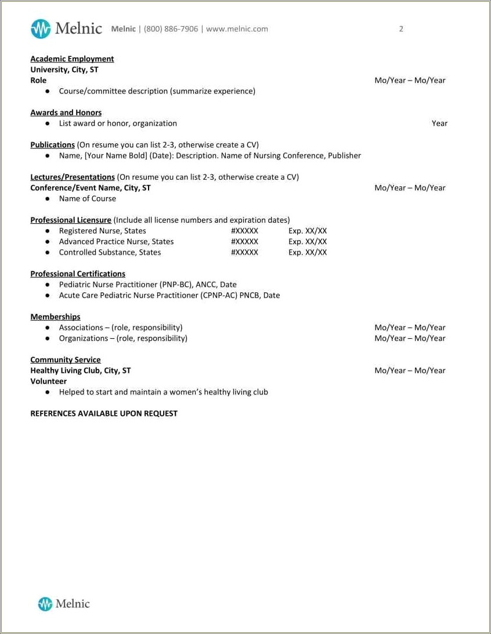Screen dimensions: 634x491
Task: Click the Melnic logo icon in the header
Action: [x=41, y=28]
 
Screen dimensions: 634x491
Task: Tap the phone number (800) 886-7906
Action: [x=171, y=29]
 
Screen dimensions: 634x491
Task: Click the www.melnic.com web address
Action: [x=237, y=29]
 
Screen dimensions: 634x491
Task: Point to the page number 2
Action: [x=401, y=29]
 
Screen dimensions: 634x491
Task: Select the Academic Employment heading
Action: [x=72, y=59]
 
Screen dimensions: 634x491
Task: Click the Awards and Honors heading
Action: [x=66, y=113]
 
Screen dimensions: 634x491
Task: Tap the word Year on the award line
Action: [x=439, y=124]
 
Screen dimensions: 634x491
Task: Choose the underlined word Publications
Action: [x=52, y=145]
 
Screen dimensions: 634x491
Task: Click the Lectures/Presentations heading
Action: [x=73, y=177]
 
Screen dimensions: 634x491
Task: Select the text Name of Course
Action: [x=87, y=198]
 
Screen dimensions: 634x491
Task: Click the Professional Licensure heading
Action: [x=71, y=220]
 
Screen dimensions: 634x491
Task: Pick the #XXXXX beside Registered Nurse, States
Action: [x=244, y=231]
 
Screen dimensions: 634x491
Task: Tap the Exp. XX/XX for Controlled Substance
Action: [x=308, y=252]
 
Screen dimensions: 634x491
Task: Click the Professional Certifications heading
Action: [x=78, y=274]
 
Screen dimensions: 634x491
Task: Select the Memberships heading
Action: [x=55, y=317]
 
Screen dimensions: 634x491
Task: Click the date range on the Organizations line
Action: [x=410, y=338]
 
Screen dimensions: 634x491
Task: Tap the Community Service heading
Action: [x=65, y=360]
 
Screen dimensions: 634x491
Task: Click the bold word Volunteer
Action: [x=48, y=381]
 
